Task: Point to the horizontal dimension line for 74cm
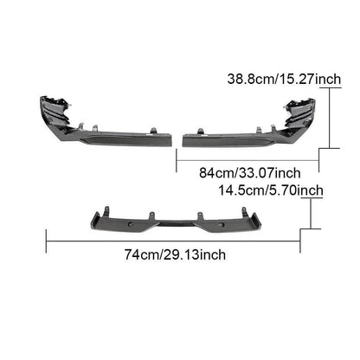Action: click(173, 241)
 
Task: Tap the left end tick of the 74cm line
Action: click(47, 241)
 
